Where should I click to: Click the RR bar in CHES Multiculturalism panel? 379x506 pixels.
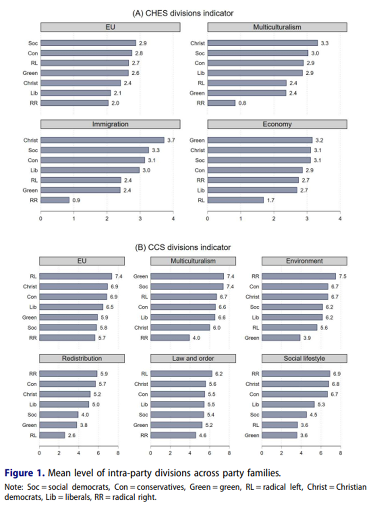(x=221, y=103)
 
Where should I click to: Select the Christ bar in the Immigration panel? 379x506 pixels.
(x=102, y=140)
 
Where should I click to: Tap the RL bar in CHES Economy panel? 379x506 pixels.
(x=235, y=200)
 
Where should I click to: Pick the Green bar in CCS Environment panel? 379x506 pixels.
(x=281, y=338)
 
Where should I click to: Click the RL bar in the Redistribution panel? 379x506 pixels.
(x=52, y=435)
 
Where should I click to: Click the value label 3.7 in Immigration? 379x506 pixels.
(x=171, y=140)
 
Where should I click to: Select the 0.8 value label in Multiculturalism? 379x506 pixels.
(x=242, y=103)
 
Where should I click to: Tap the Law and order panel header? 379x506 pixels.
(x=193, y=358)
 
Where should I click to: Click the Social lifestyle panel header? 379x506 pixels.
(x=304, y=358)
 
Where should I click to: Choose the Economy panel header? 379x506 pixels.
(x=277, y=124)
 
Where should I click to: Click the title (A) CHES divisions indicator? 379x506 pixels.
(x=183, y=13)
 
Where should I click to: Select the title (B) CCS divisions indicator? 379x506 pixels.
(x=183, y=247)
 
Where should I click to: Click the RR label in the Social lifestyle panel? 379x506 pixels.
(x=256, y=374)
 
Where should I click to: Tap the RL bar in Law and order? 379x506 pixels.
(x=181, y=374)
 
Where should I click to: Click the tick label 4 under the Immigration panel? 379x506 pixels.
(x=173, y=219)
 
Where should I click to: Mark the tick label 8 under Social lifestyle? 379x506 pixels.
(x=340, y=453)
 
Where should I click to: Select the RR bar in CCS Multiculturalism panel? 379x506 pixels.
(x=170, y=338)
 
